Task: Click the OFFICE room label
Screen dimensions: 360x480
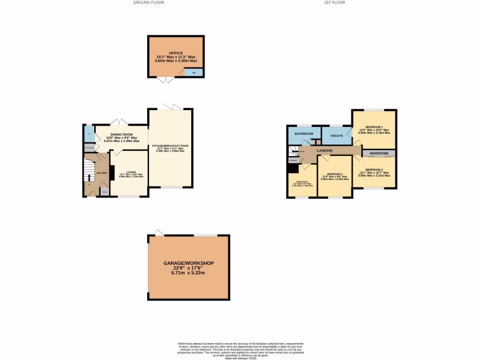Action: [176, 53]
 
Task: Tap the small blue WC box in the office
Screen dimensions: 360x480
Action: [194, 73]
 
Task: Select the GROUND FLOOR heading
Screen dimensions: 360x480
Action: [149, 2]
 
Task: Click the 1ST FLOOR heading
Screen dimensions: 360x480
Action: [334, 2]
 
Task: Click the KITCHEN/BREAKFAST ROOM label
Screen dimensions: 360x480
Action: [170, 146]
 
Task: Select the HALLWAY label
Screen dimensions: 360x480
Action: [102, 173]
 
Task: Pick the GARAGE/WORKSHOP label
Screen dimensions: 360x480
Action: [189, 263]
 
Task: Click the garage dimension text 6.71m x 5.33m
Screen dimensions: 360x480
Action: [189, 273]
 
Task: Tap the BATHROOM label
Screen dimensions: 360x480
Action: [304, 134]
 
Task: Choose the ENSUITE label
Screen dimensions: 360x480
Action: [337, 136]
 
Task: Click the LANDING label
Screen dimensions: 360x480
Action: [324, 150]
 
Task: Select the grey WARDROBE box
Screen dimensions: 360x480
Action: [378, 153]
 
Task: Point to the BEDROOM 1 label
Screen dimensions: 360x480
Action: [375, 127]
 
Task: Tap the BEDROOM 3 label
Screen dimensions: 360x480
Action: [335, 173]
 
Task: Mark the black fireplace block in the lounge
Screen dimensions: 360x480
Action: [112, 172]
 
